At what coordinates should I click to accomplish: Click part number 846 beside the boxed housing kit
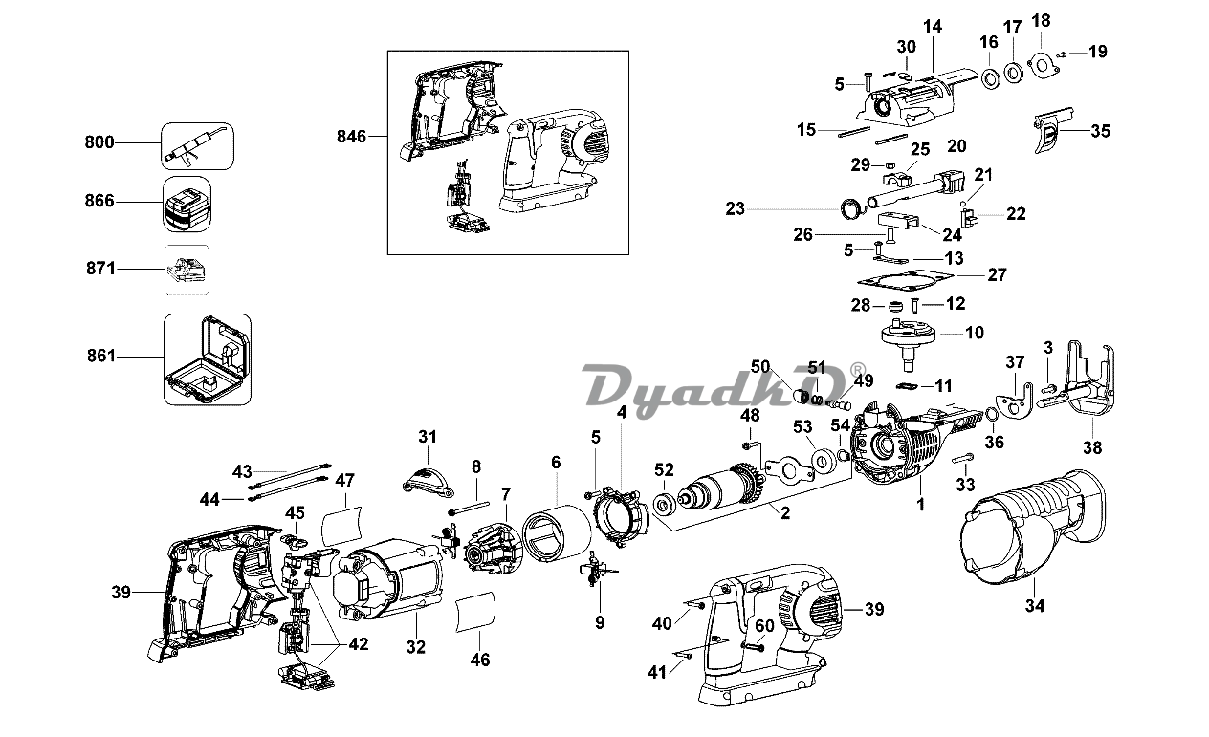pos(351,137)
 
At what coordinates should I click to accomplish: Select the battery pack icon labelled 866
pos(187,205)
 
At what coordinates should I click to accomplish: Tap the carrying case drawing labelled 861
pos(208,359)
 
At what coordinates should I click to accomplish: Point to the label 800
pos(99,142)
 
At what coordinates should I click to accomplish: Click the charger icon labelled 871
pos(187,270)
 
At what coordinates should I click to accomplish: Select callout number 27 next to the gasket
pos(997,275)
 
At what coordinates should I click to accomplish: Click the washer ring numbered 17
pos(1013,73)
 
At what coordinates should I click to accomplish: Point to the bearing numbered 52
pos(664,506)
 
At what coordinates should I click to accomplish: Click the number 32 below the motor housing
pos(415,646)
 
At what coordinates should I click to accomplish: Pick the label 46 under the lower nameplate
pos(480,660)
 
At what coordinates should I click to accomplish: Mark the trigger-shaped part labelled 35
pos(1051,132)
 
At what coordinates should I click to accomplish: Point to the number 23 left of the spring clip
pos(736,208)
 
